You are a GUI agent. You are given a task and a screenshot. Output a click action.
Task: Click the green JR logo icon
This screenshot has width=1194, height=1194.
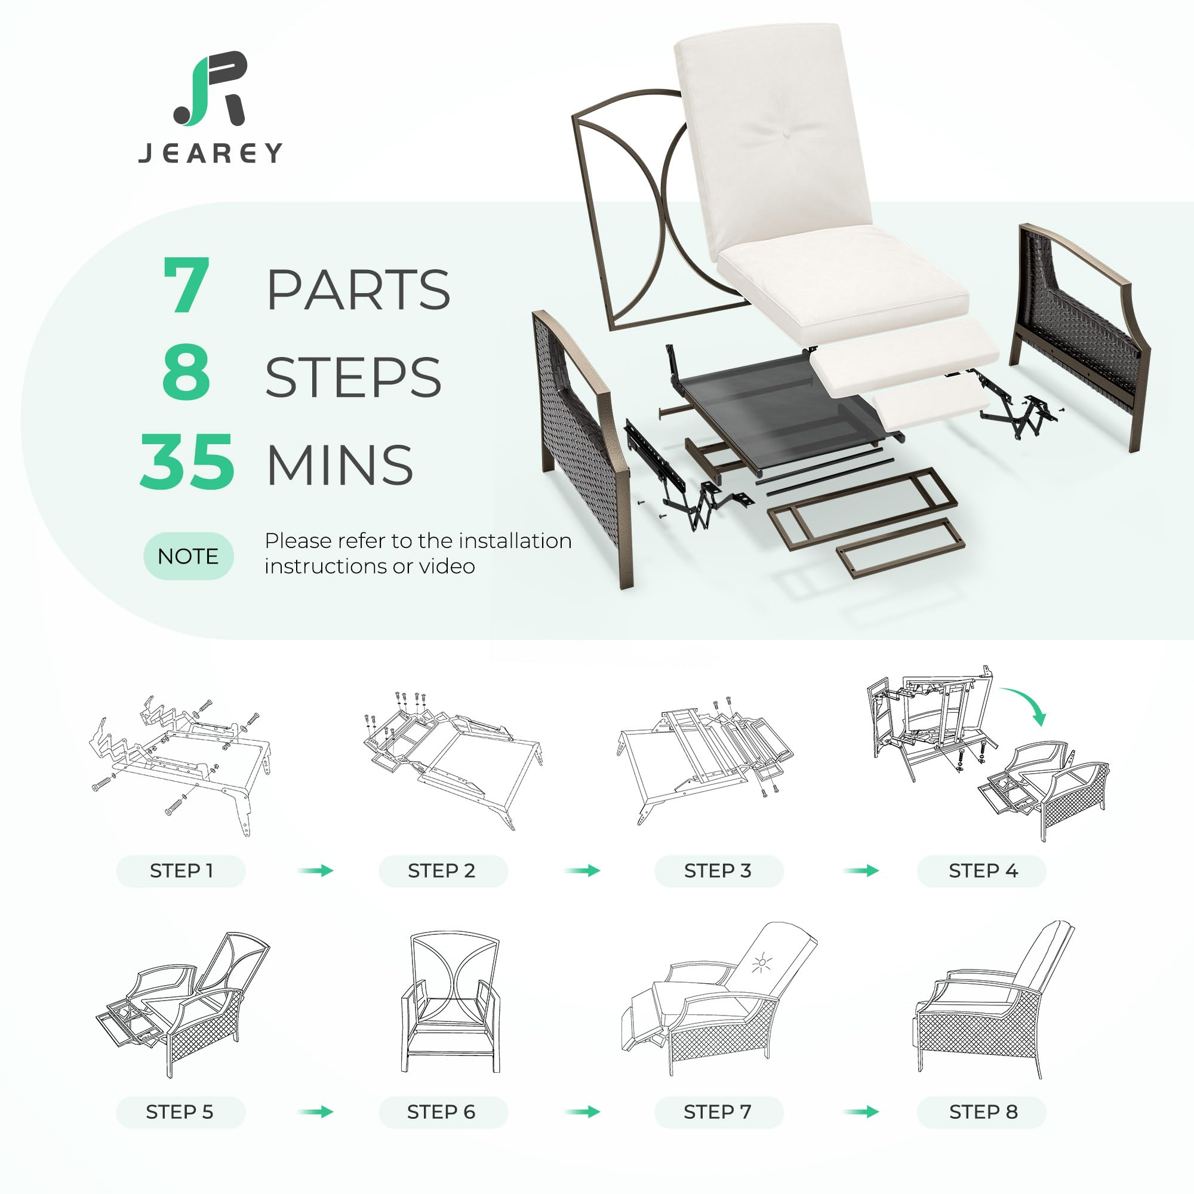[x=210, y=89]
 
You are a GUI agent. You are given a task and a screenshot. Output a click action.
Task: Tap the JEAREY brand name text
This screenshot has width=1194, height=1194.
[x=211, y=153]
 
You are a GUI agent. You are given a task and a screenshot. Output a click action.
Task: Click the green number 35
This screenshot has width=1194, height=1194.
[x=187, y=461]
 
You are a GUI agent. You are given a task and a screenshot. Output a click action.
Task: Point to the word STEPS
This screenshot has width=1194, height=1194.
[x=353, y=377]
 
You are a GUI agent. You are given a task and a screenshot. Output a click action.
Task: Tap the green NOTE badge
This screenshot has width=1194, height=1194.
[x=189, y=556]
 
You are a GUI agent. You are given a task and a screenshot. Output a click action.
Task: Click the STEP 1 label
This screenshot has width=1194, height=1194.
[x=181, y=871]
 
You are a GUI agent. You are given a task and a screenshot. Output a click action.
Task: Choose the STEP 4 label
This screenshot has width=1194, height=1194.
[x=983, y=871]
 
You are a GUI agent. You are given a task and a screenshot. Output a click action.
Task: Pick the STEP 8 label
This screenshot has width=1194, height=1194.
[x=983, y=1112]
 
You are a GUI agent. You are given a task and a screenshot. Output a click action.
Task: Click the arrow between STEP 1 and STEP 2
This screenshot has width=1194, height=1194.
[x=315, y=871]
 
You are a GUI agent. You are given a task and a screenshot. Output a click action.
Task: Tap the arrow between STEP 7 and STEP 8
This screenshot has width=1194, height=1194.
[x=861, y=1112]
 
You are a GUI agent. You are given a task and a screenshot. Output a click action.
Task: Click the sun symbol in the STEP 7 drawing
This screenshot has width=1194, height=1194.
[x=762, y=963]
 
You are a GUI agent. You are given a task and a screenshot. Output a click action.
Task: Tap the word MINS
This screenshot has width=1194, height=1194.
[x=339, y=464]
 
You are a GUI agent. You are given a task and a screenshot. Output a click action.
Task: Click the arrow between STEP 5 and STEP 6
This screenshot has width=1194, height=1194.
[x=315, y=1112]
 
